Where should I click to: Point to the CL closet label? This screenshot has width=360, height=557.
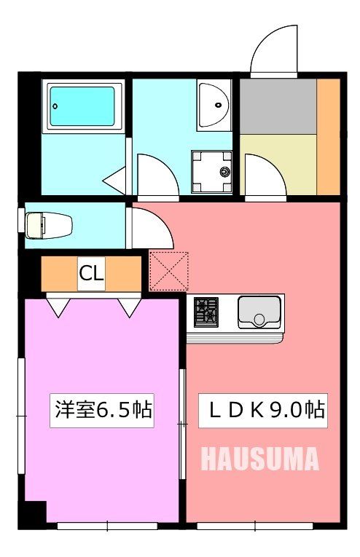pyautogui.click(x=91, y=274)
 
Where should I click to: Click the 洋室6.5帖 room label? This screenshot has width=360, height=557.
pyautogui.click(x=102, y=409)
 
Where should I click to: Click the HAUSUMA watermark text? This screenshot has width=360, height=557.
pyautogui.click(x=259, y=459)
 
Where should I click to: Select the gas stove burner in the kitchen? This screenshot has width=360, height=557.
pyautogui.click(x=206, y=312)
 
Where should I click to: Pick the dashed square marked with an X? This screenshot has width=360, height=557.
pyautogui.click(x=168, y=271)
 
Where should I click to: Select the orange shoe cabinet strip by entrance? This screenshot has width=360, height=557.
pyautogui.click(x=329, y=135)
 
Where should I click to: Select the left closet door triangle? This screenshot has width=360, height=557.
pyautogui.click(x=58, y=307)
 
